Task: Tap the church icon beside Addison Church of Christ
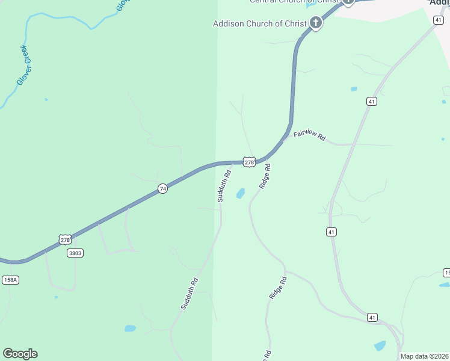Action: click(x=315, y=23)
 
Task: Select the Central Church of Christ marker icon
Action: click(x=348, y=2)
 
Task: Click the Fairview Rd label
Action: click(x=309, y=136)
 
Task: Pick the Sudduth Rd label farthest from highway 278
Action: click(x=189, y=294)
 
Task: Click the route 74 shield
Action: click(x=162, y=189)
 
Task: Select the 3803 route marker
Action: click(x=75, y=253)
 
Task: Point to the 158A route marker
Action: click(x=10, y=280)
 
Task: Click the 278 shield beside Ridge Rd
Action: click(x=250, y=162)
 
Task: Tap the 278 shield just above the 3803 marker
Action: click(x=66, y=239)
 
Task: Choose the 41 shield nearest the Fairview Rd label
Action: click(x=372, y=102)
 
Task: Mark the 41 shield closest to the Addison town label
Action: click(x=437, y=20)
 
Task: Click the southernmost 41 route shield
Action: click(x=372, y=317)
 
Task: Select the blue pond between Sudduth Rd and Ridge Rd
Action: click(x=241, y=193)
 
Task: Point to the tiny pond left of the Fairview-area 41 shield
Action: click(x=354, y=89)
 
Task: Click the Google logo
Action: click(x=20, y=354)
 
